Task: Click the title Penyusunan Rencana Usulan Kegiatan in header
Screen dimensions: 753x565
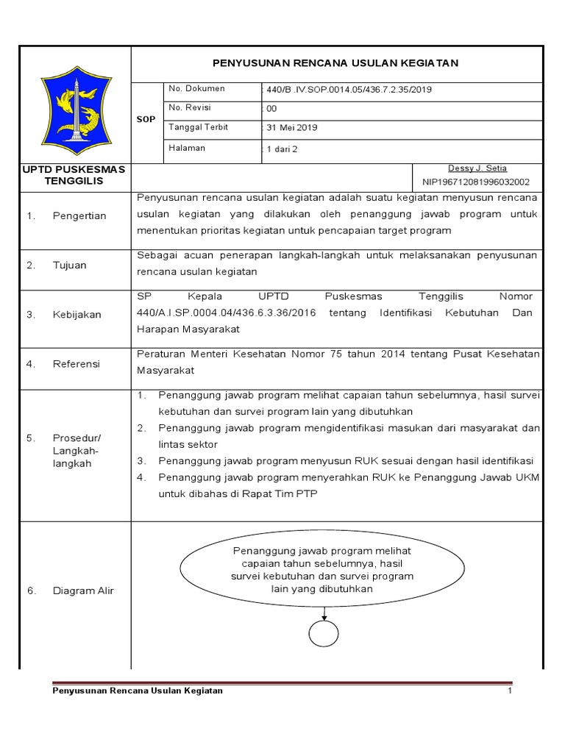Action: (x=335, y=63)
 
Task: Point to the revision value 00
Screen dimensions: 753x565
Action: (x=271, y=109)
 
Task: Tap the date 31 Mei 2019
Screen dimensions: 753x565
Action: (x=291, y=128)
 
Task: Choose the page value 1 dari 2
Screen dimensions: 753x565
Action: (x=284, y=149)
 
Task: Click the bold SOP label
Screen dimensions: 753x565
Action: (x=146, y=119)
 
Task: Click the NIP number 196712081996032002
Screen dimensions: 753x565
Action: (x=476, y=182)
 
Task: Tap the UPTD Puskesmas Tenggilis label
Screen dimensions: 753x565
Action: (x=74, y=175)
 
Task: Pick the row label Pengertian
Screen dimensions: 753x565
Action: (x=79, y=216)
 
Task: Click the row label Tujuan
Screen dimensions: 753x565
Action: (x=69, y=265)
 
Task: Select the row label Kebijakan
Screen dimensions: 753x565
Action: (x=77, y=315)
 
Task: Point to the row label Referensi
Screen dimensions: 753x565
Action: (x=76, y=364)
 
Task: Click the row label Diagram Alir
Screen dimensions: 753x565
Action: (x=83, y=590)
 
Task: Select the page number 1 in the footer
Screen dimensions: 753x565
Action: (x=509, y=691)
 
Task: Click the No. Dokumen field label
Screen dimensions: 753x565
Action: (x=196, y=89)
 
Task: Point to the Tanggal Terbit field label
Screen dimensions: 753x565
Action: (x=199, y=127)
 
